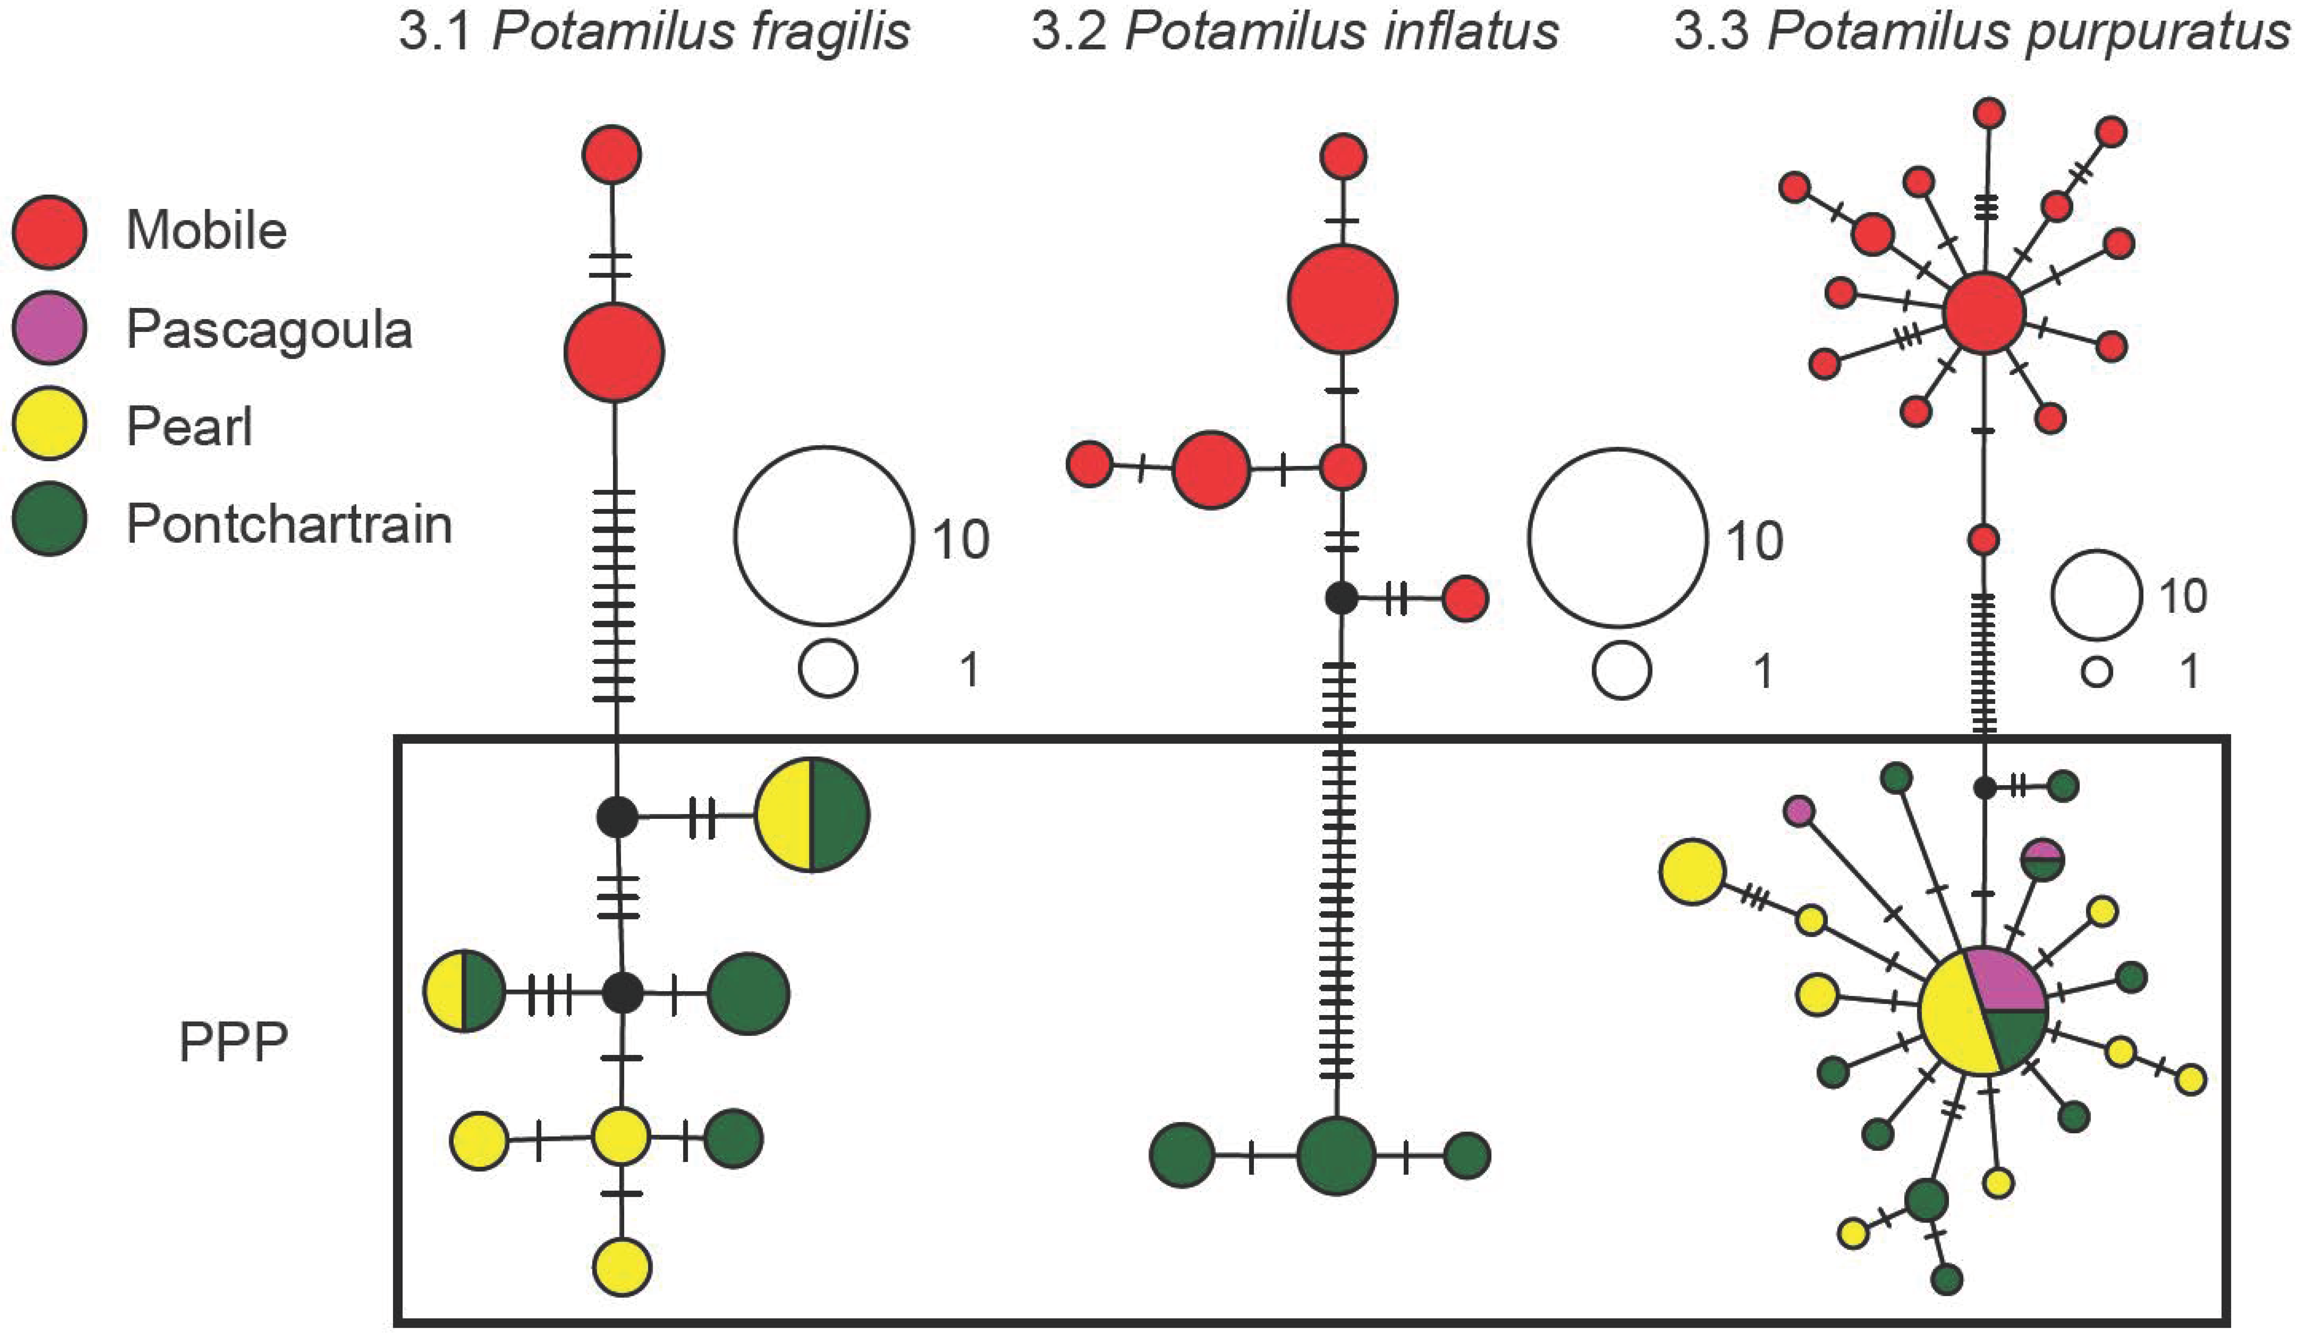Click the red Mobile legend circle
click(49, 232)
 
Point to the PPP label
click(233, 1041)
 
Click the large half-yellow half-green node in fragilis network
click(812, 814)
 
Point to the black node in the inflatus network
click(1341, 598)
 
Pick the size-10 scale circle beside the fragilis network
click(824, 535)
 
